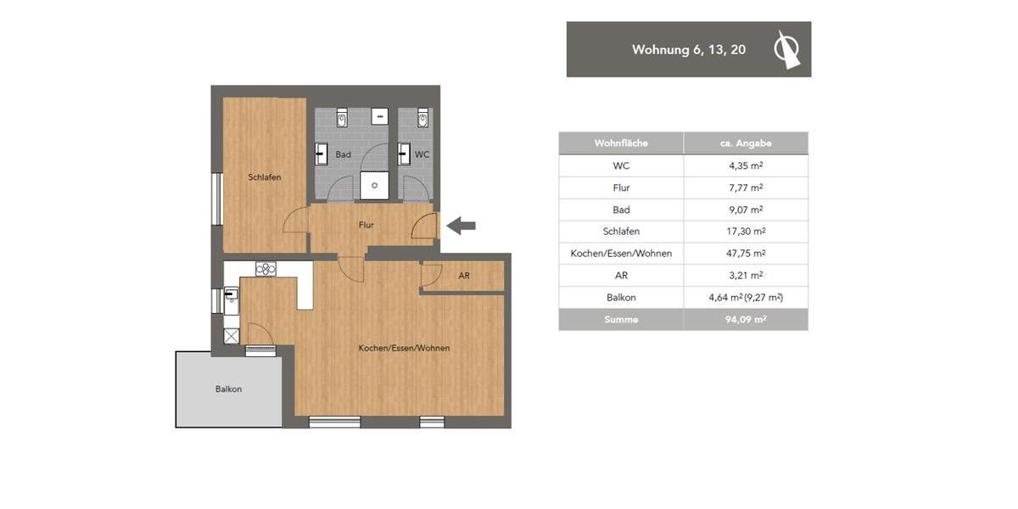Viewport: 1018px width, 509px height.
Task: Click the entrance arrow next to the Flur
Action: [x=461, y=226]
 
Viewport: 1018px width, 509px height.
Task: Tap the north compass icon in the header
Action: [x=786, y=49]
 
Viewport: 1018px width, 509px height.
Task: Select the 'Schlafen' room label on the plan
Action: [x=265, y=177]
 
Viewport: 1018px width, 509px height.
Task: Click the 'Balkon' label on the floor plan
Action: [x=228, y=389]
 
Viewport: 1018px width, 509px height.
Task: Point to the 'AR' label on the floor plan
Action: [x=464, y=277]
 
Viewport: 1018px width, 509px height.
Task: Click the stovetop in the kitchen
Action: [x=266, y=269]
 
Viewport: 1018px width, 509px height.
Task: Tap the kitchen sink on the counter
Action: [x=231, y=296]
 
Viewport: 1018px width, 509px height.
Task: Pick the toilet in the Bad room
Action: [x=342, y=118]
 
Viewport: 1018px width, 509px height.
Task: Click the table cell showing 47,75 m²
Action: [x=746, y=254]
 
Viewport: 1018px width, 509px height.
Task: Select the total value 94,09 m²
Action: [x=746, y=320]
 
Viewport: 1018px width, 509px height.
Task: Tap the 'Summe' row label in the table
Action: [x=621, y=320]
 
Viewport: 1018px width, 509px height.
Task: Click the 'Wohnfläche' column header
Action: [x=621, y=143]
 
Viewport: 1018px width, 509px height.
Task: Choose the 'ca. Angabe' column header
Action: [x=746, y=143]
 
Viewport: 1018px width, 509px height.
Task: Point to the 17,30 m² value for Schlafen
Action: [x=746, y=232]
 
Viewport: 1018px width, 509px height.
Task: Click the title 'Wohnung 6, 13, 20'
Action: [x=688, y=50]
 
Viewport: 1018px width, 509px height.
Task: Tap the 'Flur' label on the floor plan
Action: [x=366, y=225]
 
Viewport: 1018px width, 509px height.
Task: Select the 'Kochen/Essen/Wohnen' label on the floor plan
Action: [x=404, y=349]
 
